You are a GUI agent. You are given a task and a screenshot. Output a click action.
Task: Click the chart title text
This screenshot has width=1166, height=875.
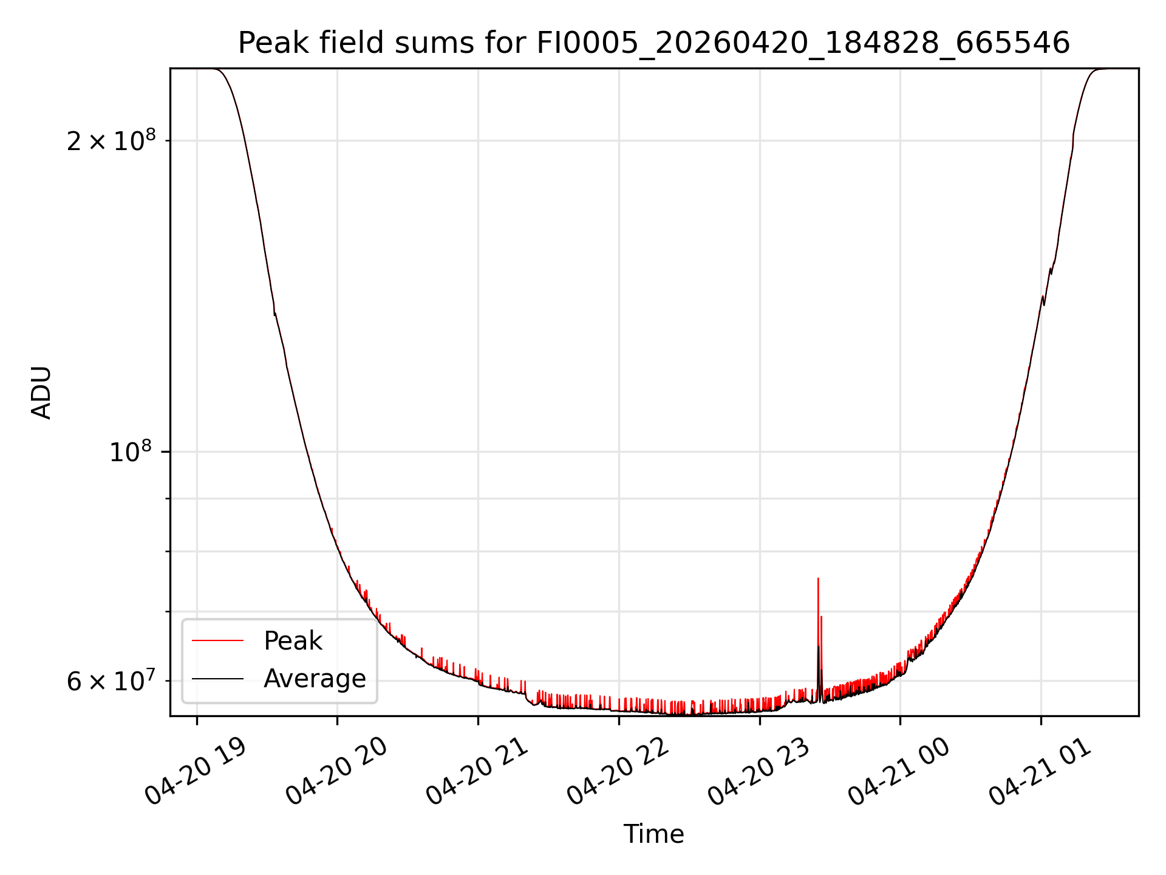click(x=653, y=44)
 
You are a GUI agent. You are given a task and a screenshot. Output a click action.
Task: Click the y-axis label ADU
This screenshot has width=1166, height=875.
click(x=41, y=393)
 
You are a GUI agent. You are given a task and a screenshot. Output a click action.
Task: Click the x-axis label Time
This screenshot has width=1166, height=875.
click(x=653, y=834)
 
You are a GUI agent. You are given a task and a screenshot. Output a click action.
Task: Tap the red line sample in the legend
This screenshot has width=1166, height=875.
click(x=217, y=641)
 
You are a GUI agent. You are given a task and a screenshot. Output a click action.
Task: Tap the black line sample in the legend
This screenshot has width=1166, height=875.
click(x=217, y=679)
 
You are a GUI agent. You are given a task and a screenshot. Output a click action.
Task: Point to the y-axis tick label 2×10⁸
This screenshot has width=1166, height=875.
click(x=111, y=140)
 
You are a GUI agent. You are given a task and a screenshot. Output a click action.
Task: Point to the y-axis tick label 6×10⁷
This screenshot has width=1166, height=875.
click(x=111, y=681)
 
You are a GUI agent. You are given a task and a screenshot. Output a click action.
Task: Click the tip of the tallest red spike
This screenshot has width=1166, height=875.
click(x=818, y=578)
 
